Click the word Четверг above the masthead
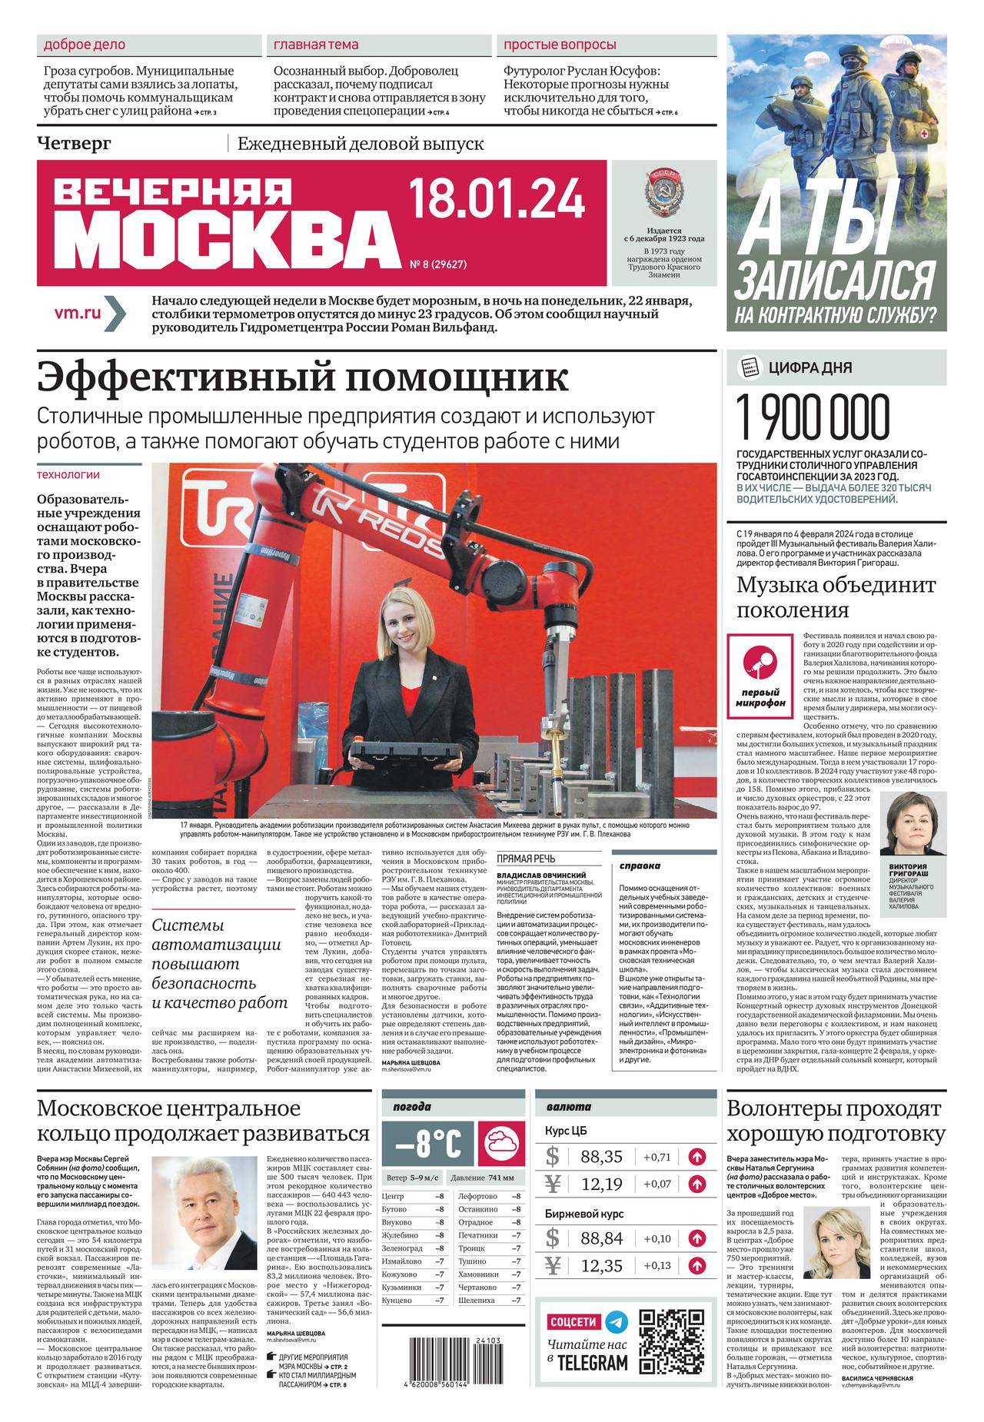(75, 143)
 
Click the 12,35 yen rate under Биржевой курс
(602, 1265)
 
